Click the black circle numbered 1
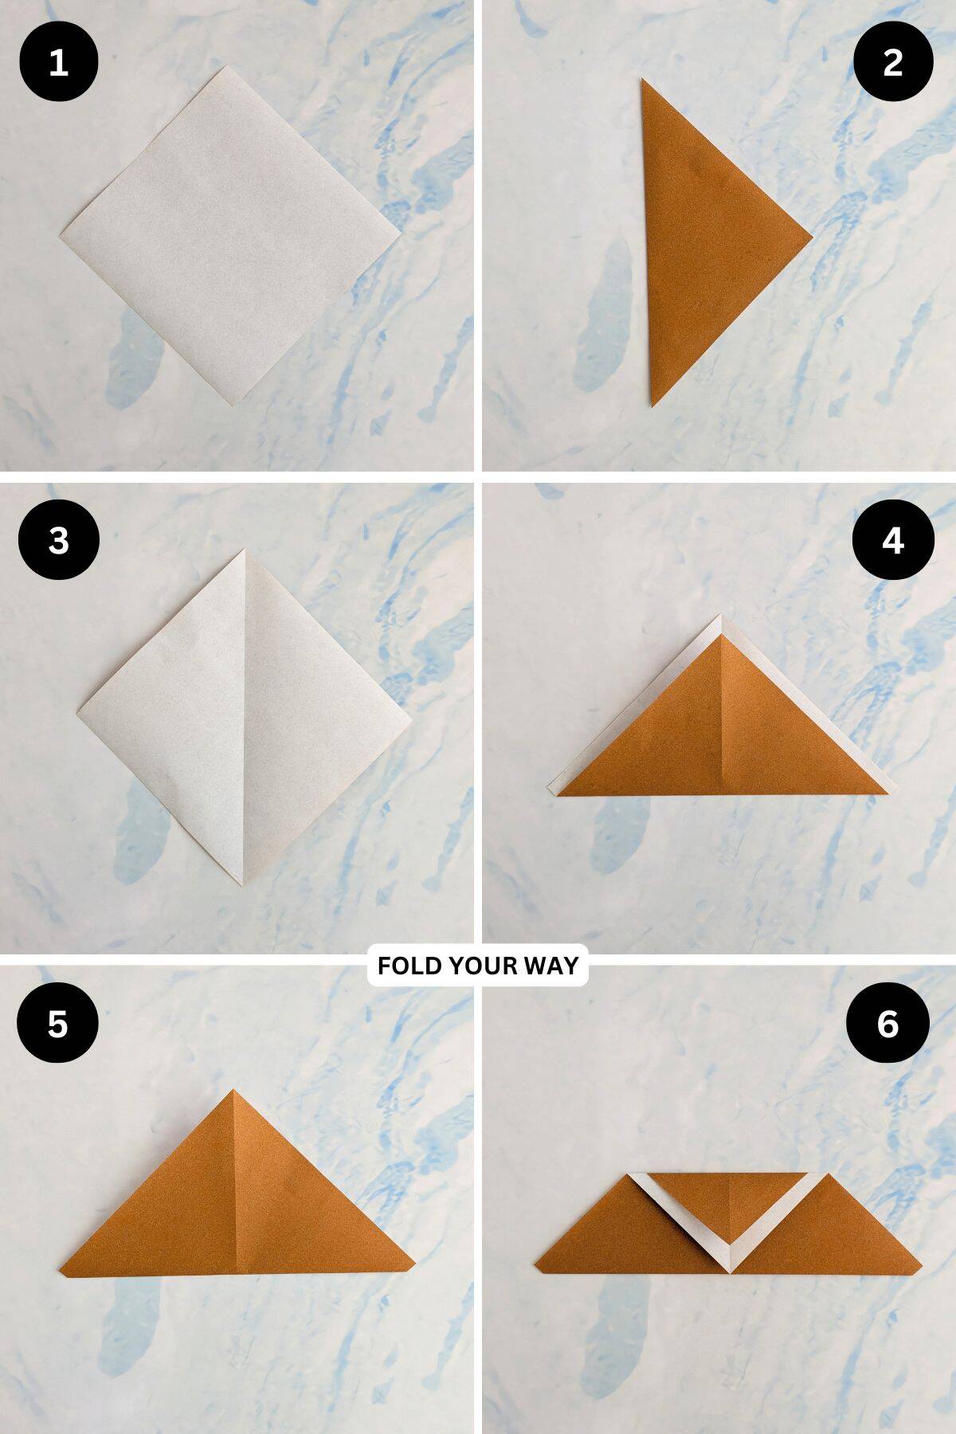[x=58, y=62]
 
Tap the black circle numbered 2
[x=893, y=62]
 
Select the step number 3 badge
[x=58, y=540]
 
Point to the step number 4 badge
[x=893, y=540]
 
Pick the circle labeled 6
[x=888, y=1023]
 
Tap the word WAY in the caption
[x=551, y=966]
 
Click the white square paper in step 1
[x=231, y=235]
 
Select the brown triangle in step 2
[x=701, y=239]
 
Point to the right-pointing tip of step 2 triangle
[x=810, y=236]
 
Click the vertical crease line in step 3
[x=243, y=717]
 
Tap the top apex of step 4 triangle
[x=721, y=617]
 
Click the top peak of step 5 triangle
[x=233, y=1091]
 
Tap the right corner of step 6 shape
[x=920, y=1263]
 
